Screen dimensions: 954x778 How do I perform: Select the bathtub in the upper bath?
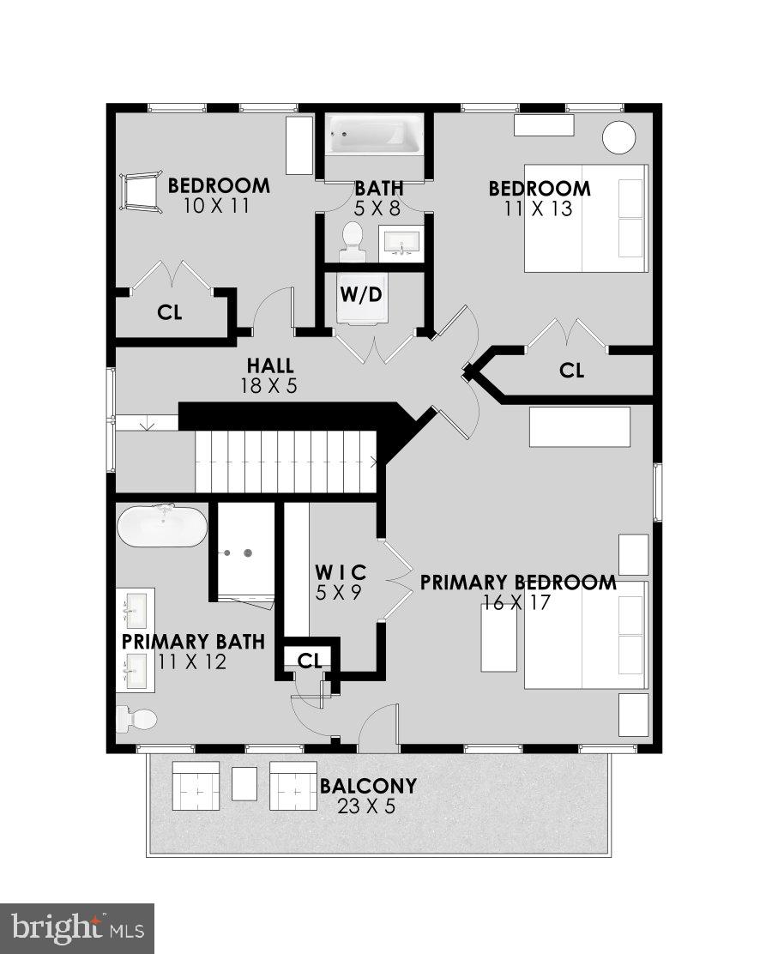(x=374, y=134)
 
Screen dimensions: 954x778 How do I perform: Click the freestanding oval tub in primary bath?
(x=162, y=526)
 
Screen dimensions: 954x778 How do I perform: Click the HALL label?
(x=269, y=365)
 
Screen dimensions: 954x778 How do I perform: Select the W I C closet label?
(x=341, y=571)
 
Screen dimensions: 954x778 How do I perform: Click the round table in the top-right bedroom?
(x=619, y=137)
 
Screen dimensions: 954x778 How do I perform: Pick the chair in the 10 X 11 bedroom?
(x=139, y=190)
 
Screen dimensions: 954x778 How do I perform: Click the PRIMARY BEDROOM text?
(x=518, y=583)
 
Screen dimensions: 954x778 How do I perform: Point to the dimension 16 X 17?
(x=516, y=602)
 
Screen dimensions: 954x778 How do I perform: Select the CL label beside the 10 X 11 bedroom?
(x=170, y=312)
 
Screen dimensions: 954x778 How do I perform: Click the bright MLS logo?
(x=77, y=927)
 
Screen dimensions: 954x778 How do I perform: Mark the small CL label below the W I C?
(x=310, y=660)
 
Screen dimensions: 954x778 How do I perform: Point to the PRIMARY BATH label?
(x=192, y=642)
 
